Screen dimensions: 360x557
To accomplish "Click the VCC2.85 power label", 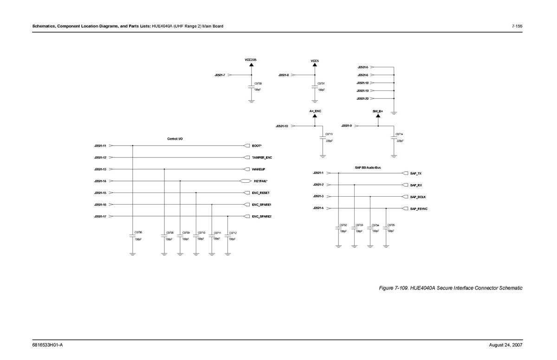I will click(251, 60).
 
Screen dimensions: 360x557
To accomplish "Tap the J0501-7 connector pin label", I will click(220, 75).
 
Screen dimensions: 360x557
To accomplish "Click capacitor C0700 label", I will click(258, 84).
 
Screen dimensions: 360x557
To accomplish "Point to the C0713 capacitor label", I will click(329, 134).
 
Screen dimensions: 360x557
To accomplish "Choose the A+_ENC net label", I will click(315, 111).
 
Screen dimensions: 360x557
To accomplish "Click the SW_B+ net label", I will click(378, 111).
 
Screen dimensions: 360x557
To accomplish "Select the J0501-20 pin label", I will click(363, 99).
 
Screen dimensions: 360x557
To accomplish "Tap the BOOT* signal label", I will click(257, 146).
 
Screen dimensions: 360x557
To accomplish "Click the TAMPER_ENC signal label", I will click(262, 158).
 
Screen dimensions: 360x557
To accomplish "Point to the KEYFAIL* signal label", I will click(261, 181).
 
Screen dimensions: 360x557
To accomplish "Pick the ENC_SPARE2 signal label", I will click(262, 217).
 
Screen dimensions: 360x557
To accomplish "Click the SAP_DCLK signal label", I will click(418, 197).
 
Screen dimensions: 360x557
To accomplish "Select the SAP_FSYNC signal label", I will click(419, 209).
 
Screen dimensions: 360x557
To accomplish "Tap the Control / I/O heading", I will click(175, 139).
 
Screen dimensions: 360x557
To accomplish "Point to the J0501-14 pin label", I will click(100, 181).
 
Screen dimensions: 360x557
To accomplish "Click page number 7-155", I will click(517, 26).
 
